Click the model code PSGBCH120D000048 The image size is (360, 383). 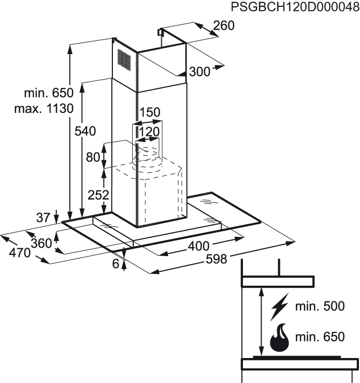tap(295, 7)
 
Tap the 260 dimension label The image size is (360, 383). tap(224, 25)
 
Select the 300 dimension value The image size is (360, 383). tap(200, 72)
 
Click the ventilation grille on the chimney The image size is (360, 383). tap(124, 60)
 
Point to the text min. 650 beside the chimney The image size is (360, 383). tap(49, 93)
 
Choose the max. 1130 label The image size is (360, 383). tap(44, 108)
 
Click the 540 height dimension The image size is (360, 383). tap(85, 131)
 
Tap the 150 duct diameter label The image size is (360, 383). tap(150, 112)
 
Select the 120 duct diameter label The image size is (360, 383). tap(149, 132)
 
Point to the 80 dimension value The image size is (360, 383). tap(93, 157)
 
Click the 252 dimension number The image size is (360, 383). tap(98, 195)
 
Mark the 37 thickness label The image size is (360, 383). tap(43, 218)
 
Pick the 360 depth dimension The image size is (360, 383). tap(42, 244)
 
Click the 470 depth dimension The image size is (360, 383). tap(20, 253)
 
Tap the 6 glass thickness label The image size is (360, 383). tap(115, 263)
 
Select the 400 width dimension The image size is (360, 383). tap(198, 246)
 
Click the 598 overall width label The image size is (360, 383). tap(216, 259)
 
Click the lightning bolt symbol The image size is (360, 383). tap(279, 307)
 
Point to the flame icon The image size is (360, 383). tap(279, 338)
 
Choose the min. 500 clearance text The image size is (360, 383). tap(320, 306)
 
